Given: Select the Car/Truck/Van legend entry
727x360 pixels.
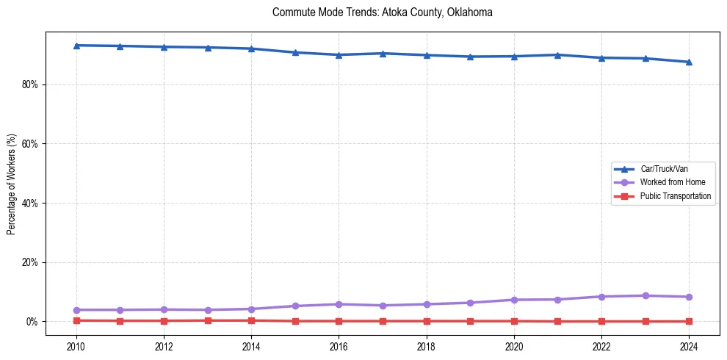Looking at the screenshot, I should pos(664,169).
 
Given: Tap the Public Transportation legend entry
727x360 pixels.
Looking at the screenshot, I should pos(675,196).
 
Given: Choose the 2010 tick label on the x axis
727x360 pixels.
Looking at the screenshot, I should pos(76,346).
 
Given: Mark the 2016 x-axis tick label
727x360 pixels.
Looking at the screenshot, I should pos(339,346).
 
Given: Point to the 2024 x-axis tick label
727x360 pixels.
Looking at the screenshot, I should pos(689,346).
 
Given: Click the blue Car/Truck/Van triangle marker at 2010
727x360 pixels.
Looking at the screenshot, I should pos(76,46).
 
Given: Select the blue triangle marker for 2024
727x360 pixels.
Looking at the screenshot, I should pos(689,62).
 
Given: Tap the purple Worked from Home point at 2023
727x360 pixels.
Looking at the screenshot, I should pos(645,295).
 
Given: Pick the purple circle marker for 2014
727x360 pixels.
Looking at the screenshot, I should pos(251,309).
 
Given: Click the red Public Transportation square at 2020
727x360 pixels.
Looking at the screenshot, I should pos(514,321).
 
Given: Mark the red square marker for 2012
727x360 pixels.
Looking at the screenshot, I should pos(164,320).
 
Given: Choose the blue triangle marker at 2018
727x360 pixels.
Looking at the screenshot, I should pos(427,55).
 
